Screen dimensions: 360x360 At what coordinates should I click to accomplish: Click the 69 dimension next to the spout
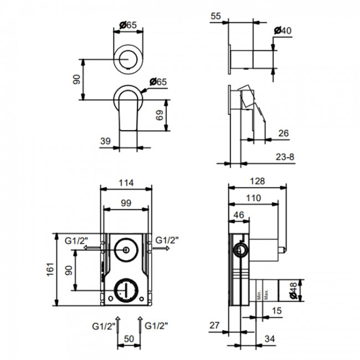tap(159, 116)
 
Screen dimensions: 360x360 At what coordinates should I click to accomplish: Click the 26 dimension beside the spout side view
tap(282, 133)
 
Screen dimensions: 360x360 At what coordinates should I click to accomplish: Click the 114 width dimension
tap(126, 183)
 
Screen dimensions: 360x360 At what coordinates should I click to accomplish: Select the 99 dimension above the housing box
tap(126, 204)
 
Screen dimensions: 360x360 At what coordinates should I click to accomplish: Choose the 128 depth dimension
tap(257, 181)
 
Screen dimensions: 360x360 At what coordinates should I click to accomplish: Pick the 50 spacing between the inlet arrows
tap(128, 339)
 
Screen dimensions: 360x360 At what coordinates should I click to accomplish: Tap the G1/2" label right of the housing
tap(166, 240)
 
